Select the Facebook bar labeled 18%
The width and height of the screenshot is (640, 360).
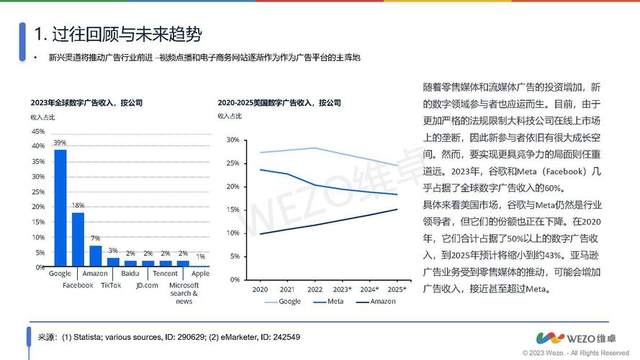[78, 239]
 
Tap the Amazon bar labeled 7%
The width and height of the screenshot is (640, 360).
[95, 256]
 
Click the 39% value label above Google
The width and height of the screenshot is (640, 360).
[60, 143]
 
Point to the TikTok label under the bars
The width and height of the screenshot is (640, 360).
[111, 285]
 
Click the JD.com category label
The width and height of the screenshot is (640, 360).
[147, 285]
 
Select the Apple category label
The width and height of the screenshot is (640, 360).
[200, 274]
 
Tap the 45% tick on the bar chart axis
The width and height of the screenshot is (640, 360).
[37, 131]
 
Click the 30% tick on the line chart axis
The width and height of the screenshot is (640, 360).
[232, 140]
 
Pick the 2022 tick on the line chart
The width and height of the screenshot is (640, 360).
[315, 289]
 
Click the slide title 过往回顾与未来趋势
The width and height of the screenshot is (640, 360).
[118, 34]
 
